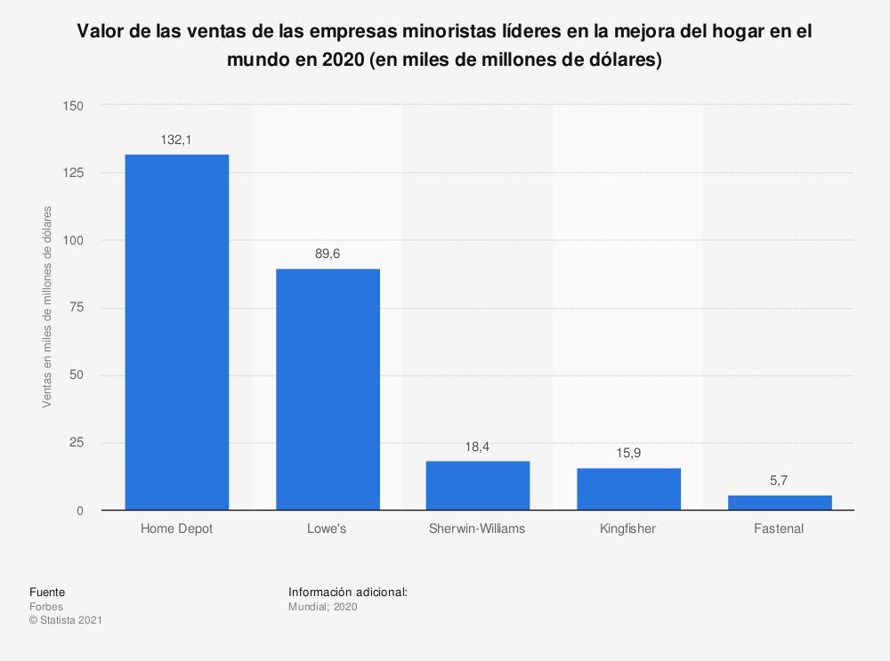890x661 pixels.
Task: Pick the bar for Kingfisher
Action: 628,488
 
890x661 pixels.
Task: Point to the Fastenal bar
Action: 780,503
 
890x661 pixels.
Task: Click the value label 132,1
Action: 176,140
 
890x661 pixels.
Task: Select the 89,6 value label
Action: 328,254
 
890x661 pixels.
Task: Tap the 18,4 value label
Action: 478,447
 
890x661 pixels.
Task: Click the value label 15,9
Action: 628,454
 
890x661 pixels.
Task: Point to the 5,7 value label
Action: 780,481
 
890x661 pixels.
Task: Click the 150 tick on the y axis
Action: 73,106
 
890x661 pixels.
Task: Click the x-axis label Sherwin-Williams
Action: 478,528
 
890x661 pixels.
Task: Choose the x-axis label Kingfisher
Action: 628,528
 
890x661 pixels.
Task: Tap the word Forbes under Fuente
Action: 46,607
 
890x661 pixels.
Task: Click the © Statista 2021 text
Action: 65,620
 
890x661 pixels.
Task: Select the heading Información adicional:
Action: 348,592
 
